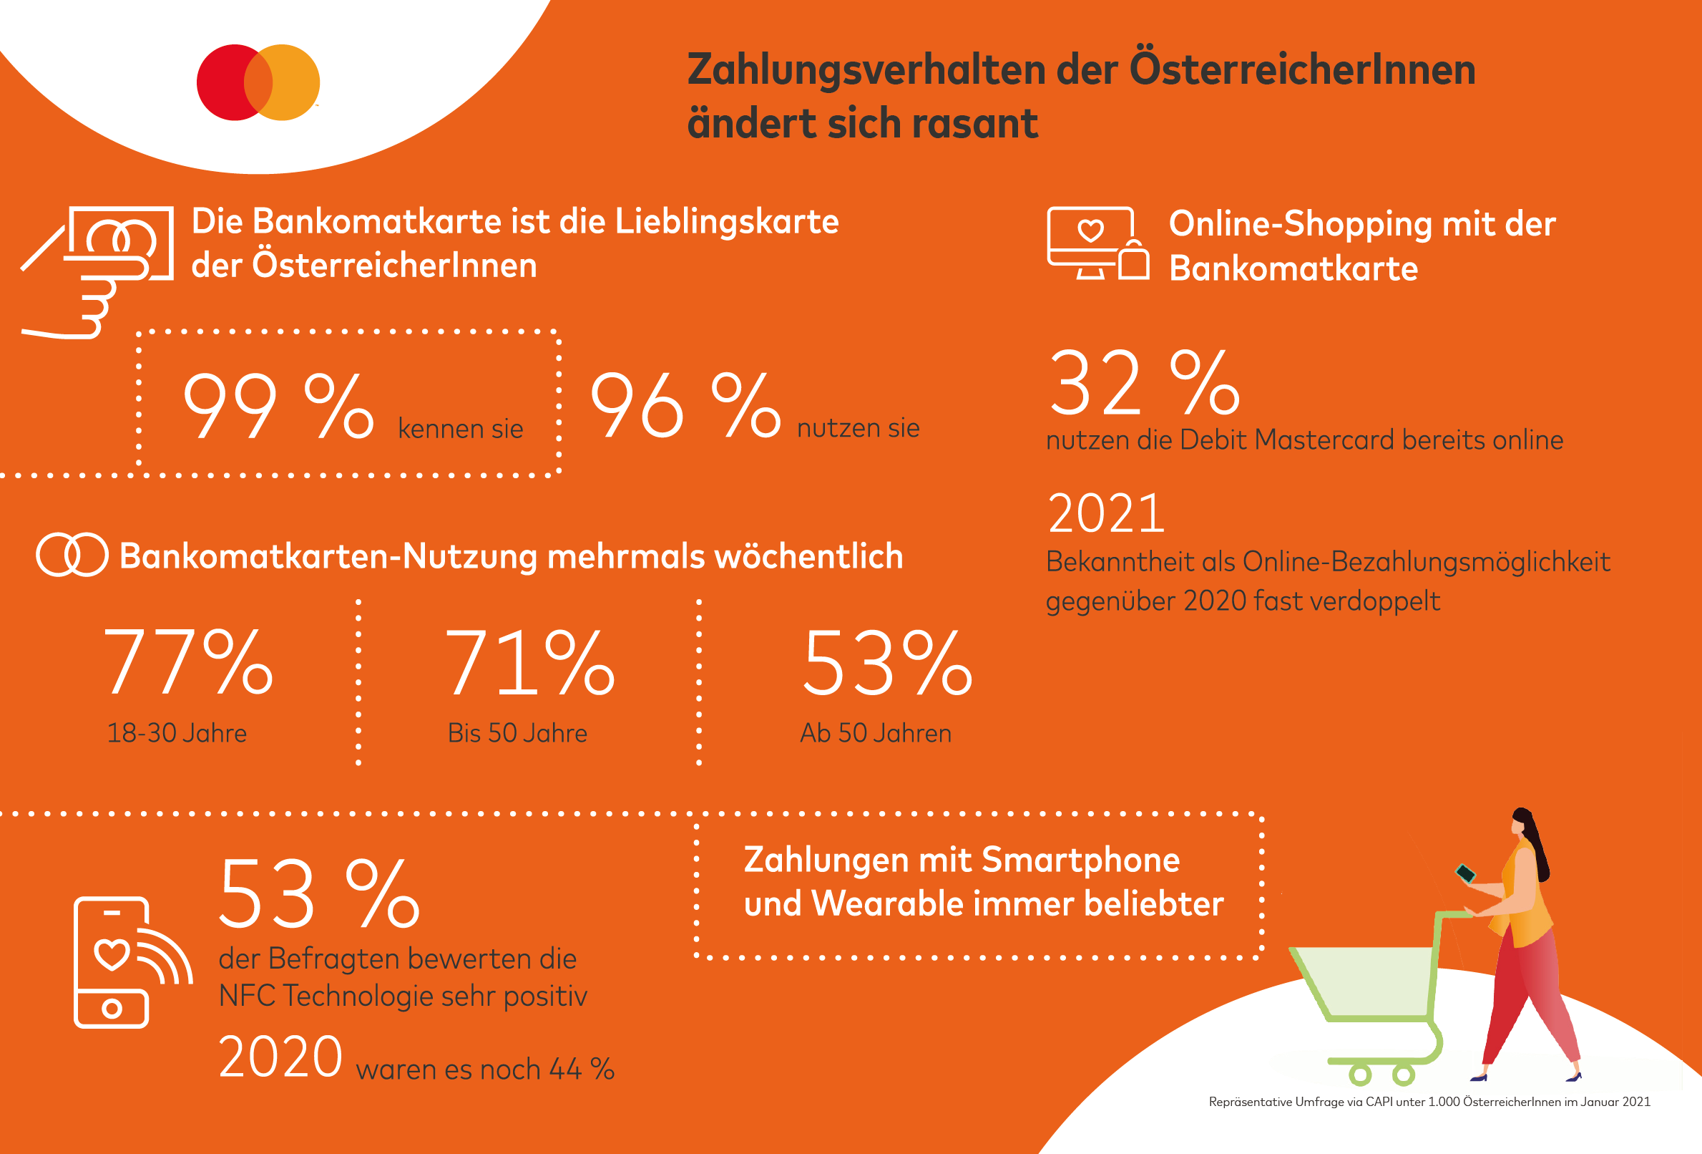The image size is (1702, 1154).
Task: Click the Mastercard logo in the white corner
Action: pos(258,82)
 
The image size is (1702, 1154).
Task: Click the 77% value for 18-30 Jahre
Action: pos(188,662)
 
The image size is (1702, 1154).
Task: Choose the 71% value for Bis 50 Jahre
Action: pos(529,662)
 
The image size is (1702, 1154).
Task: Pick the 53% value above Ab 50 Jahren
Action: pos(888,662)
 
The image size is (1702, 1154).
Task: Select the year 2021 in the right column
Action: pos(1106,513)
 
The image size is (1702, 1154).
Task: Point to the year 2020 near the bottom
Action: pos(280,1057)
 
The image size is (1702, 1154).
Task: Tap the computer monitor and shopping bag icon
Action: pos(1097,244)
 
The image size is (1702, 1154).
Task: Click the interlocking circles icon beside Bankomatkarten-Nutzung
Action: pos(72,555)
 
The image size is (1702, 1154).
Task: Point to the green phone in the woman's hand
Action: pos(1464,873)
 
